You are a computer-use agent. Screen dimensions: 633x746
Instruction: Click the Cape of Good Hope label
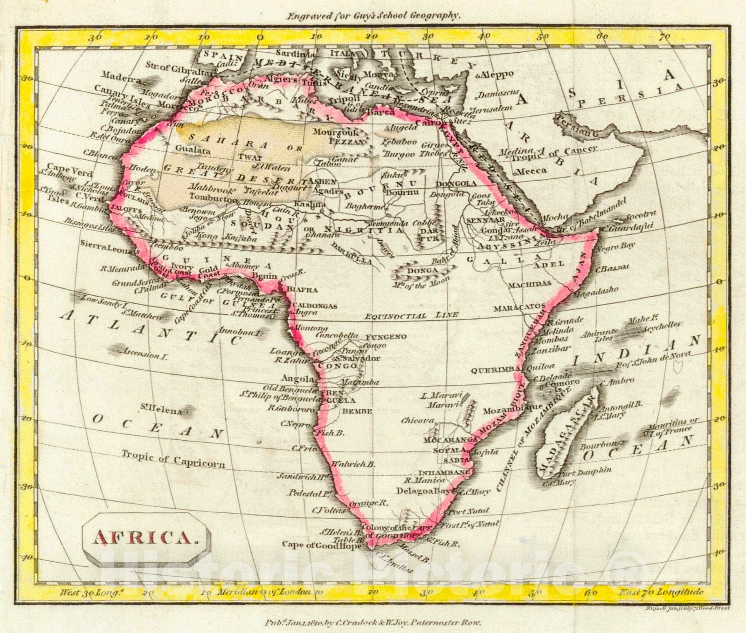point(321,545)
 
